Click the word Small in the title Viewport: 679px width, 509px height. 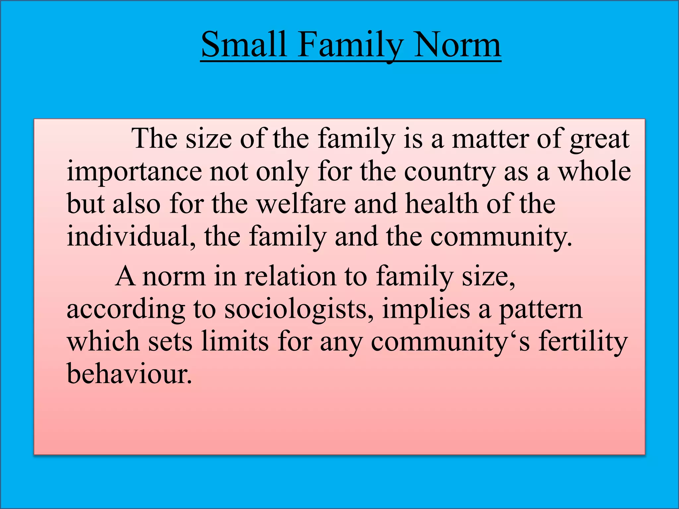click(x=244, y=44)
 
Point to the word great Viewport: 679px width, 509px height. click(x=599, y=139)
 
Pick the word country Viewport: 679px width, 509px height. click(x=450, y=172)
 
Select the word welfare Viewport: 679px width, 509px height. click(x=302, y=203)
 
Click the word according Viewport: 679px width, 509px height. click(x=126, y=310)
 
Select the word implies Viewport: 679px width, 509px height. click(x=426, y=310)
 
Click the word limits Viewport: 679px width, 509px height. click(x=235, y=341)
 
